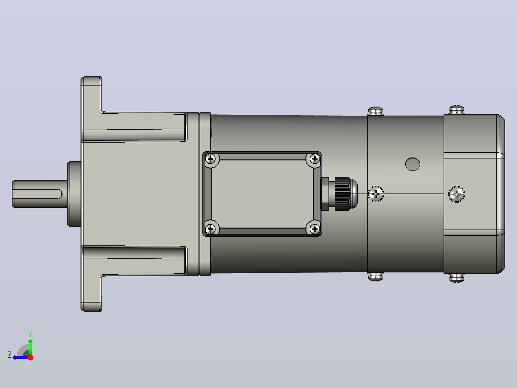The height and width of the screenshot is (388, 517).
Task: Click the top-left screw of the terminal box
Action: click(211, 159)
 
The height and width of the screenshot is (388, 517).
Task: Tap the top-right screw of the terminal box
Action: click(315, 159)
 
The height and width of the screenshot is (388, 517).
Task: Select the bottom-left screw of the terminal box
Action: click(211, 229)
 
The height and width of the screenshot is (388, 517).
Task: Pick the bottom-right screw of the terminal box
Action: click(315, 229)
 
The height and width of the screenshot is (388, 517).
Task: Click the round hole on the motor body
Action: click(412, 164)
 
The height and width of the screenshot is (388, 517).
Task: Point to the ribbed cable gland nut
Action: click(342, 194)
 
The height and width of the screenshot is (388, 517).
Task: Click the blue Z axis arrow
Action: click(21, 357)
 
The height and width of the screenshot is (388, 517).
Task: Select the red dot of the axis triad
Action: click(30, 357)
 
